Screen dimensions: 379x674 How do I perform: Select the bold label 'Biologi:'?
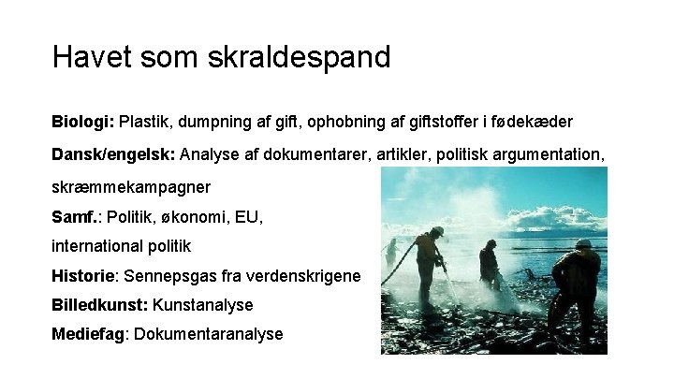point(82,123)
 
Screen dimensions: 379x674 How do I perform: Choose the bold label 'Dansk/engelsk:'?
point(113,154)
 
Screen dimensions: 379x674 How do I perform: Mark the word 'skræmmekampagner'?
point(131,186)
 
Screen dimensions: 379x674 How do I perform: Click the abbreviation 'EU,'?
point(249,217)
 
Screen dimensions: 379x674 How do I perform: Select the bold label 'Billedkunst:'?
point(99,305)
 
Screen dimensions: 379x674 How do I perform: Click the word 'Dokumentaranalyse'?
point(209,334)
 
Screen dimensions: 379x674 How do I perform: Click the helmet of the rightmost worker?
point(582,242)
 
